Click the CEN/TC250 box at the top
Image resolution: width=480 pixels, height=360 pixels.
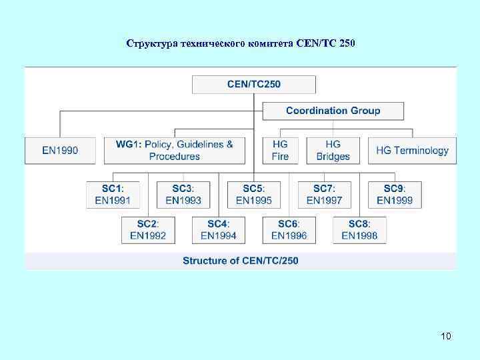click(253, 85)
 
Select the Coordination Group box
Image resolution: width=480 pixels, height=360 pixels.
click(333, 111)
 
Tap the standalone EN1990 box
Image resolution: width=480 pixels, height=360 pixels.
click(60, 151)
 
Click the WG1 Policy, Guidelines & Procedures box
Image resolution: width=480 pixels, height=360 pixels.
click(174, 151)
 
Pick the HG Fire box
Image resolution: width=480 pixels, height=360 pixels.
click(280, 151)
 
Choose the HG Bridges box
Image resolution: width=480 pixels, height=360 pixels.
click(333, 151)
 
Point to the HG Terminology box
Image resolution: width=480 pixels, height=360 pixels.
click(412, 151)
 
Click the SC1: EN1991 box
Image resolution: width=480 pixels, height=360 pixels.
click(113, 194)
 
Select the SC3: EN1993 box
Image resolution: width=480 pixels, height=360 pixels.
click(183, 194)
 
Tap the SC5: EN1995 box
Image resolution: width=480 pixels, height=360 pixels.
click(253, 194)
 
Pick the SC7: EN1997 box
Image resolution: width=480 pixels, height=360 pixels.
click(324, 194)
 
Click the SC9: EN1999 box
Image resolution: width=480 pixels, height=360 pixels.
click(394, 194)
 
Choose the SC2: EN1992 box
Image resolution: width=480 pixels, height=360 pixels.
click(148, 229)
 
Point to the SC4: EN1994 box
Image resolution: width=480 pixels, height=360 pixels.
click(218, 229)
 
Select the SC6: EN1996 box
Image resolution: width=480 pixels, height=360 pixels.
click(289, 229)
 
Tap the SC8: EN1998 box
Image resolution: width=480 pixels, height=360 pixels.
click(359, 229)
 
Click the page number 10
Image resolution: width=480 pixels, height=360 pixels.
click(445, 336)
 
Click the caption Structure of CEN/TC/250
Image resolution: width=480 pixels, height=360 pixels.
click(241, 261)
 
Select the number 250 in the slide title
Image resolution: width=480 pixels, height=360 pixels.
click(347, 44)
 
